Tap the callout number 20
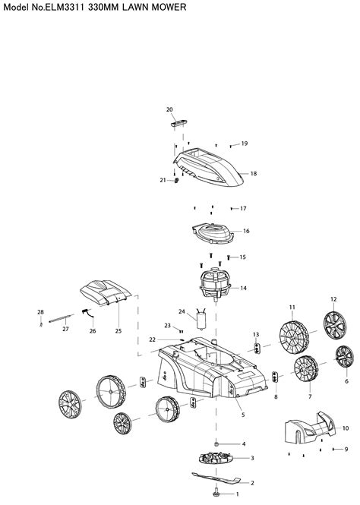point(169,109)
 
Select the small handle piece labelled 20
point(179,123)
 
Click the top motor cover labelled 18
point(208,168)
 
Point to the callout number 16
point(246,231)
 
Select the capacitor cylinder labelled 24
point(201,319)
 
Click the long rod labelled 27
point(62,318)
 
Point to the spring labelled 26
point(88,314)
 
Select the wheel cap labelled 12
point(335,325)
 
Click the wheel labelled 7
point(306,369)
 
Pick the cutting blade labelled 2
point(216,478)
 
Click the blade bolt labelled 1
point(216,493)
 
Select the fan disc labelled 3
point(216,457)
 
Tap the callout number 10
point(345,428)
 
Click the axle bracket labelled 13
point(257,348)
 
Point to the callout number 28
point(40,312)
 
